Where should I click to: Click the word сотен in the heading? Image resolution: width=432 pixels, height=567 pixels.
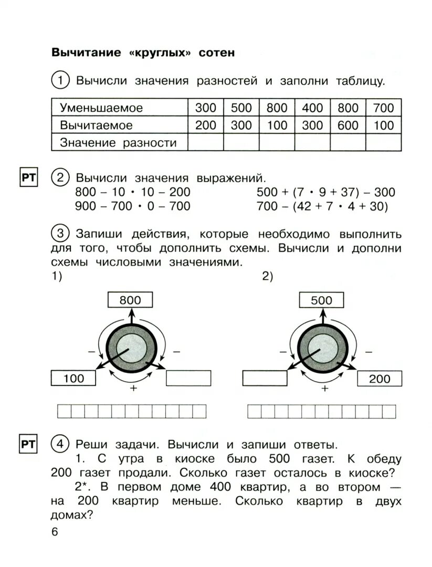[x=217, y=53]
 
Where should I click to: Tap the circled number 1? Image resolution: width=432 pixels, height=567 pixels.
[x=60, y=81]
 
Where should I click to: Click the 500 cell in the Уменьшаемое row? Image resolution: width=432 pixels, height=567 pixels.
[x=241, y=108]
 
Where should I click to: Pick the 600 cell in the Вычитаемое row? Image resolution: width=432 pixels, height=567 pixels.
[x=348, y=125]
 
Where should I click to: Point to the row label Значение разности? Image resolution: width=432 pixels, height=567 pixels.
[x=118, y=142]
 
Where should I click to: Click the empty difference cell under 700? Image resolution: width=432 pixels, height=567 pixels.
[x=384, y=142]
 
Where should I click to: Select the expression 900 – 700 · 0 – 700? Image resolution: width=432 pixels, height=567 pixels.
[x=133, y=206]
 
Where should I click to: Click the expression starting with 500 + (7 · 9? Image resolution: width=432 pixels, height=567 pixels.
[x=326, y=192]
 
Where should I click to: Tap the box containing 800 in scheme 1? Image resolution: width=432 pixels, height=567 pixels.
[x=130, y=300]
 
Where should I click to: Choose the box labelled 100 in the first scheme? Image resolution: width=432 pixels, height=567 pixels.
[x=73, y=378]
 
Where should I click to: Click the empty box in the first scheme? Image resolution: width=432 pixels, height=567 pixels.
[x=188, y=378]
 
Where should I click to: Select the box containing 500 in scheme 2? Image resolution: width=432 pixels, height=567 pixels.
[x=321, y=300]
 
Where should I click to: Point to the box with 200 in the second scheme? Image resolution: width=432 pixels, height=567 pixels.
[x=380, y=378]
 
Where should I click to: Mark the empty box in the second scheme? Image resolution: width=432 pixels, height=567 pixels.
[x=265, y=378]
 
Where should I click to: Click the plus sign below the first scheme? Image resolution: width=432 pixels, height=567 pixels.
[x=133, y=388]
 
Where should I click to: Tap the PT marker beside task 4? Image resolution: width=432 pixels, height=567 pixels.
[x=28, y=445]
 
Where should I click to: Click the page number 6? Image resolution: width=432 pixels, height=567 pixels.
[x=55, y=531]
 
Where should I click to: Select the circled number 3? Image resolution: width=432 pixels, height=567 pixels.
[x=60, y=233]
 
